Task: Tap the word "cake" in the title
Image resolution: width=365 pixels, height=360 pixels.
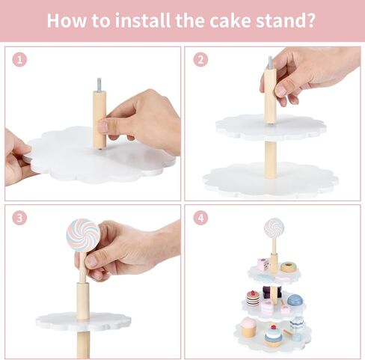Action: [230, 20]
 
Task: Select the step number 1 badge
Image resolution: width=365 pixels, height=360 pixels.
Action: [19, 60]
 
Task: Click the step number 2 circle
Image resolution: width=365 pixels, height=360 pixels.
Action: [200, 60]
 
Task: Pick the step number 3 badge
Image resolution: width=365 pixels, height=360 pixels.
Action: [19, 219]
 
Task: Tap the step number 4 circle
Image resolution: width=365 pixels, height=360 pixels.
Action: [200, 218]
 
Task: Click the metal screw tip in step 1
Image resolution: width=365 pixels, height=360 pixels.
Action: [99, 85]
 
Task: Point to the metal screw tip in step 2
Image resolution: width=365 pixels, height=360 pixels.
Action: [271, 63]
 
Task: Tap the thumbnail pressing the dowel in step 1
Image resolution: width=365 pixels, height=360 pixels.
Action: [103, 126]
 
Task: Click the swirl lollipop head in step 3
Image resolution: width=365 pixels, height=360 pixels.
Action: [83, 235]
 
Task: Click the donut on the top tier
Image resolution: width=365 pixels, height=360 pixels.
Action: [289, 267]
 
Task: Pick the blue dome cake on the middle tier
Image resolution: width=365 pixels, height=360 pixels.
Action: [295, 300]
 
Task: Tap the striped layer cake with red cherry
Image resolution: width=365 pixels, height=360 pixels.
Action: [253, 298]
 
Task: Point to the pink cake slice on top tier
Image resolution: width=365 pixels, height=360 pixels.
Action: [264, 264]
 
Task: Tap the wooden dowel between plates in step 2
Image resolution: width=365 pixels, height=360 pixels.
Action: [271, 160]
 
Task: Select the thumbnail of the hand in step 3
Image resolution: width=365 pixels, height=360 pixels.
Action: [91, 261]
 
